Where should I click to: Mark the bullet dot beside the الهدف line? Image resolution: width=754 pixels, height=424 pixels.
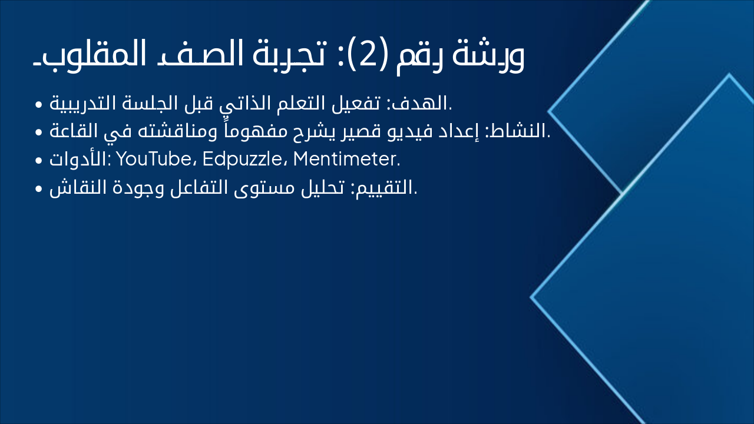click(38, 105)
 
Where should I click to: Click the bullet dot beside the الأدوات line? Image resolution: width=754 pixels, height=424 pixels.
click(38, 160)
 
